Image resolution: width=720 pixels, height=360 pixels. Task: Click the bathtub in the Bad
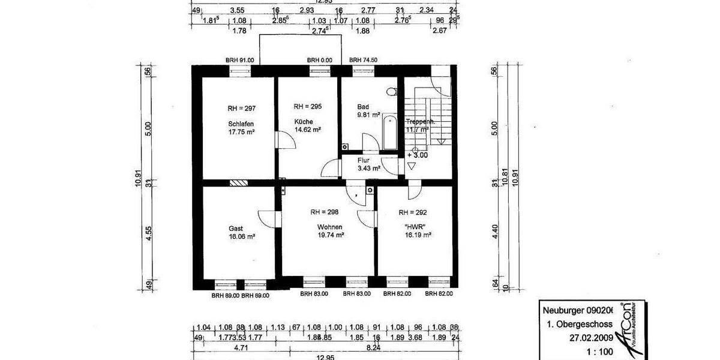click(389, 132)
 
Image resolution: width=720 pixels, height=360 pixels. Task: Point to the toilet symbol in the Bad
click(392, 92)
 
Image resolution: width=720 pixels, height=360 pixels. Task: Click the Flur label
click(364, 161)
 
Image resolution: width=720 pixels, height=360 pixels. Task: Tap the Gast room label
click(236, 229)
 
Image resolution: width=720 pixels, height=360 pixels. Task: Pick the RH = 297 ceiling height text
click(242, 109)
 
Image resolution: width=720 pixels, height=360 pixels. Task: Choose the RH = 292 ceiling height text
click(413, 212)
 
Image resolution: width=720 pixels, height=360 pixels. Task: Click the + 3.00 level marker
click(418, 155)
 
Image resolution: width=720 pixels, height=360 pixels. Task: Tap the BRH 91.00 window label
click(240, 60)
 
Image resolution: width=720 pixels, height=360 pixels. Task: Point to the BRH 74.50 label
click(363, 60)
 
